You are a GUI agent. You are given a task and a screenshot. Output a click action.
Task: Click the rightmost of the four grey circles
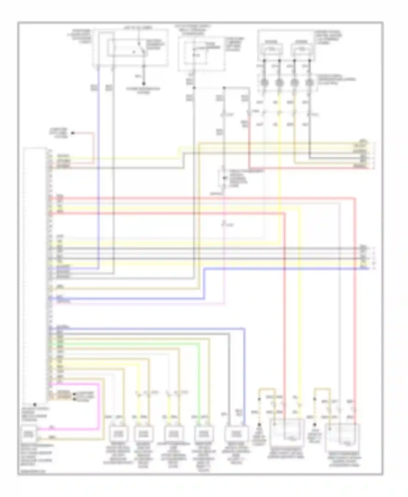(x=309, y=82)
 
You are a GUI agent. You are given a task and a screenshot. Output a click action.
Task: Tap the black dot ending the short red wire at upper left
(x=73, y=133)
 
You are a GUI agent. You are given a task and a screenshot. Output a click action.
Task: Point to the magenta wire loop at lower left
(x=98, y=408)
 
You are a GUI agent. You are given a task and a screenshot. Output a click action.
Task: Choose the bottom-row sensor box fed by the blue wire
(x=236, y=433)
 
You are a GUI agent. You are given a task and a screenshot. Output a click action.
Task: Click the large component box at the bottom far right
(x=343, y=436)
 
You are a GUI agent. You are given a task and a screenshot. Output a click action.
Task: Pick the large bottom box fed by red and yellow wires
(x=286, y=432)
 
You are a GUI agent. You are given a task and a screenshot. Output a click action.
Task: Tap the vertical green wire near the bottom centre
(x=199, y=381)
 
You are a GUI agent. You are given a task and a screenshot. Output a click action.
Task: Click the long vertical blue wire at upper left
(x=98, y=163)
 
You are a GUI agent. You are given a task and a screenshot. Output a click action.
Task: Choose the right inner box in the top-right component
(x=302, y=49)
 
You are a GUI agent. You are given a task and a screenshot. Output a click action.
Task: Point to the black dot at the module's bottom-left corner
(x=35, y=404)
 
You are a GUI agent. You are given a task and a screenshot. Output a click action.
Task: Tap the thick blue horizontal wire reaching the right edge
(x=286, y=269)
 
